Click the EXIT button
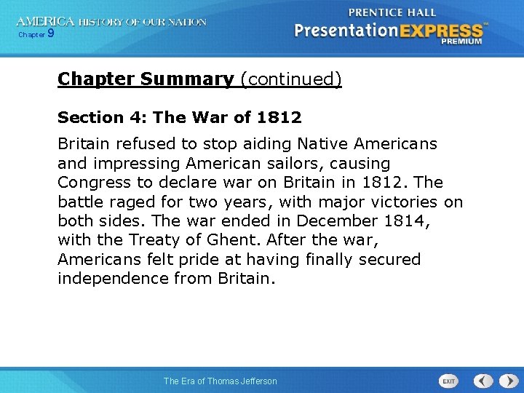448,381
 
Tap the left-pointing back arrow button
483,381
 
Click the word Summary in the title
188,79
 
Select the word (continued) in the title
290,79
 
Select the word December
338,221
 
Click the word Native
317,144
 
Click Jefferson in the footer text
253,381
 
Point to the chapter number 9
50,33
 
